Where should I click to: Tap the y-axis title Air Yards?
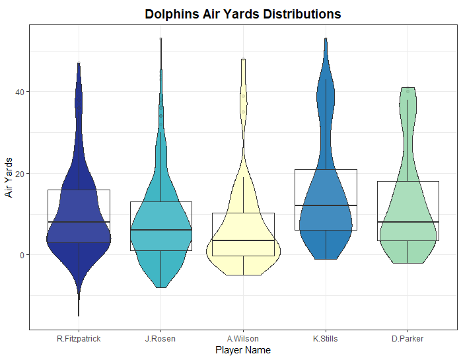tap(9, 177)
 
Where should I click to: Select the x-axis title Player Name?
tap(243, 350)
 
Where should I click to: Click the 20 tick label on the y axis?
tap(21, 174)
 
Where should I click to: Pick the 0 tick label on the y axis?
tap(23, 255)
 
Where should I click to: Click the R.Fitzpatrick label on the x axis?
tap(79, 339)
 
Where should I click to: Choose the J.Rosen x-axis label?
tap(160, 339)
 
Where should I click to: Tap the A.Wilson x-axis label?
tap(243, 339)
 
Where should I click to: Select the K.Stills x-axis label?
tap(326, 339)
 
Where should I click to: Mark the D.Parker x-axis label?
tap(408, 339)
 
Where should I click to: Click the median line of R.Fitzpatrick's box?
tap(79, 222)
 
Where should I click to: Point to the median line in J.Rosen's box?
tap(160, 230)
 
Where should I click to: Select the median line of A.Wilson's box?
tap(243, 240)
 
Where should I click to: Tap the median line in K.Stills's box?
tap(326, 205)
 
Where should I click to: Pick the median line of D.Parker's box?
tap(408, 222)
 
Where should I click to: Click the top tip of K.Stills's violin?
tap(326, 38)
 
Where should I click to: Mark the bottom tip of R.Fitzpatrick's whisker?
tap(79, 316)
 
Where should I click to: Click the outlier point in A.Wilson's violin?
tap(243, 96)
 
